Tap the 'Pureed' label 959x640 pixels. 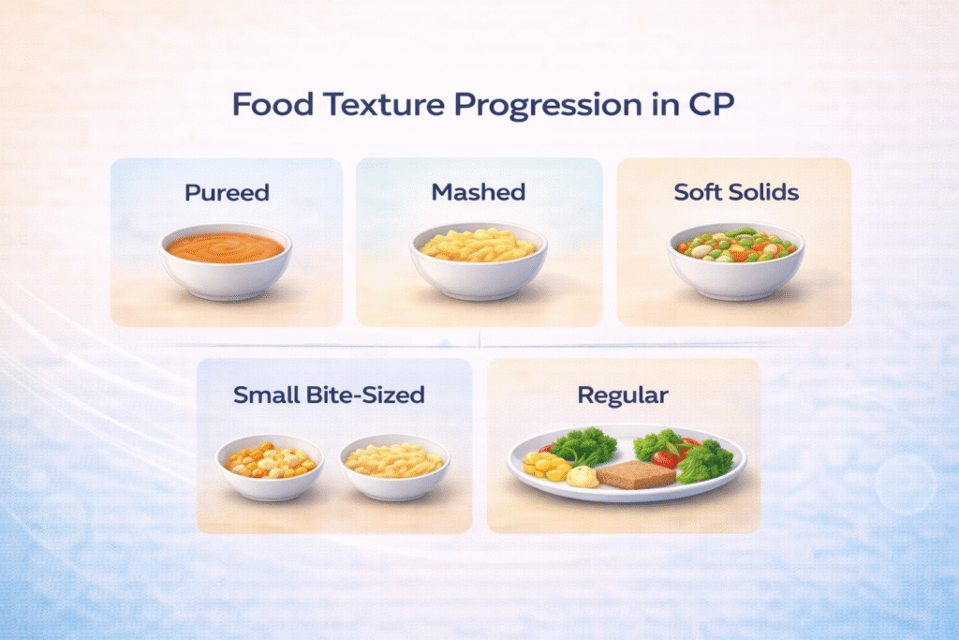coord(227,193)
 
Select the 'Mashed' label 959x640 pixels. coord(478,192)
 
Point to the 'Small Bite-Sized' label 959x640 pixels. coord(329,394)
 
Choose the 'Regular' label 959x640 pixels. coord(623,394)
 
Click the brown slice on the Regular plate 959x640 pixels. coord(635,474)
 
